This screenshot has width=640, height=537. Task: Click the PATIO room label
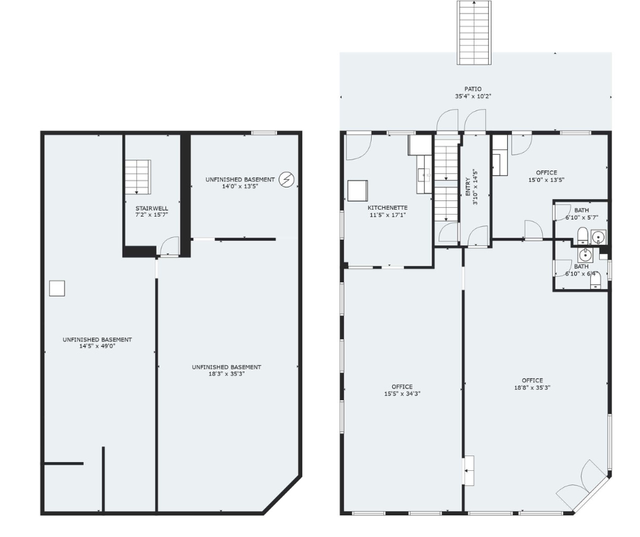click(473, 89)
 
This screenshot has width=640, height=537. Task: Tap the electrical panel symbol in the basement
click(286, 179)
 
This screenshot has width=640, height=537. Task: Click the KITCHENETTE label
click(387, 208)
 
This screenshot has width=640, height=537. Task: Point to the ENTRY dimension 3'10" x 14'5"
click(475, 187)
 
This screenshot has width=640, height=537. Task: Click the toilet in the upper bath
click(582, 236)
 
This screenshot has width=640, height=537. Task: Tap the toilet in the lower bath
click(596, 281)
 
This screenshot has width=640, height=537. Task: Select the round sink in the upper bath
click(598, 237)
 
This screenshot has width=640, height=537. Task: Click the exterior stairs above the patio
click(474, 33)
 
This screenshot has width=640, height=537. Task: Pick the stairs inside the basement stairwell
click(138, 177)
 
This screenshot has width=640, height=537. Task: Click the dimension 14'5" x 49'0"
click(97, 346)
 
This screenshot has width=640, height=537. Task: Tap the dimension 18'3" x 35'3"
click(227, 373)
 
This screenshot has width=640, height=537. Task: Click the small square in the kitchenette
click(357, 191)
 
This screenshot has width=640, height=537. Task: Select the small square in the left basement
click(57, 288)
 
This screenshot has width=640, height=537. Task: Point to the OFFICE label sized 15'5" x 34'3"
click(402, 386)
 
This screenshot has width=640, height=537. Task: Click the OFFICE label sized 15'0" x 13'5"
click(547, 172)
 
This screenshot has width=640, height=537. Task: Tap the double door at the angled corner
click(582, 485)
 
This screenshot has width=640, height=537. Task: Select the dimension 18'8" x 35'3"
click(532, 388)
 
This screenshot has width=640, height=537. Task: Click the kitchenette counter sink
click(424, 175)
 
